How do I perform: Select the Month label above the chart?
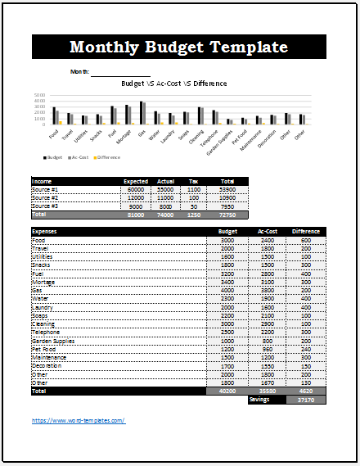tap(80, 72)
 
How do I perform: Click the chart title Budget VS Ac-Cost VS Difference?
tap(173, 84)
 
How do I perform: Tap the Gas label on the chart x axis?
tap(142, 131)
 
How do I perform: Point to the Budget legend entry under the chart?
tap(54, 156)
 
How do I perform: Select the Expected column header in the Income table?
tap(135, 181)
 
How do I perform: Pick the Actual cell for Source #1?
tap(166, 188)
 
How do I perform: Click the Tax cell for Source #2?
tap(194, 197)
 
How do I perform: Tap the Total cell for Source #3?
tap(228, 206)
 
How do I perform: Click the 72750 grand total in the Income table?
tap(227, 214)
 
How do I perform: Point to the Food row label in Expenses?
tap(39, 239)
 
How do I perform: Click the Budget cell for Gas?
tap(228, 290)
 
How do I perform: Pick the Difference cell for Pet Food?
tap(305, 349)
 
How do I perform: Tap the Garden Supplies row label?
tap(53, 341)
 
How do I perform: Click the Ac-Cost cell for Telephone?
tap(268, 332)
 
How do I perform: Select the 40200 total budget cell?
tap(227, 391)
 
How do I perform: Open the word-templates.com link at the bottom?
tap(79, 420)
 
